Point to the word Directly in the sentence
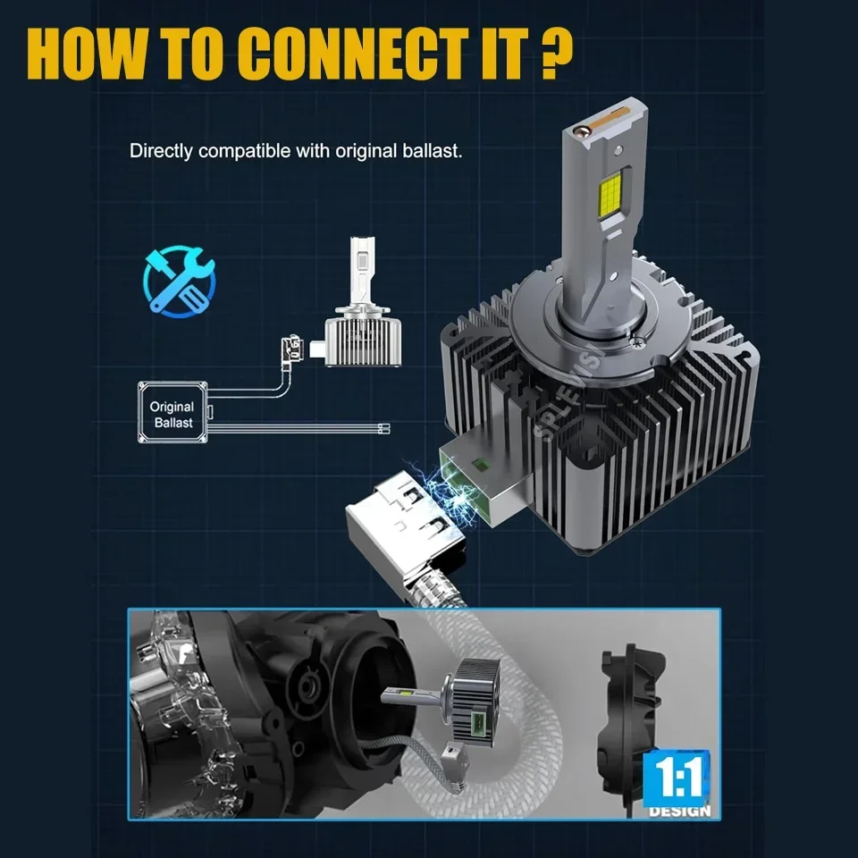click(161, 152)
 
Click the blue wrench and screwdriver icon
click(180, 282)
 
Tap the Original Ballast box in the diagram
click(172, 413)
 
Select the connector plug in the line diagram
click(292, 349)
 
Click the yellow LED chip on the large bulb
click(610, 195)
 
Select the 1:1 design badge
click(678, 784)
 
